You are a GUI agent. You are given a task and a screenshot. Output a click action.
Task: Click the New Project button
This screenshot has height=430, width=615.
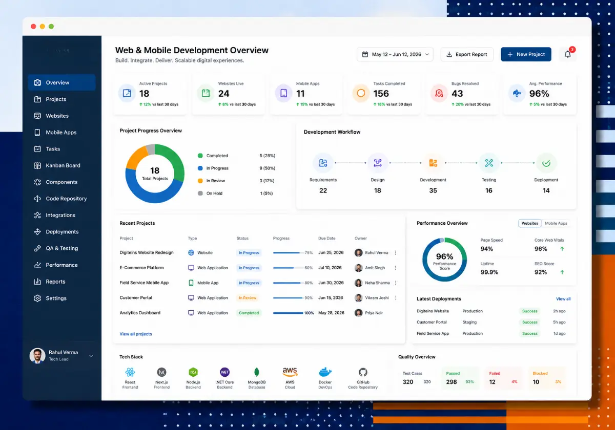coord(526,54)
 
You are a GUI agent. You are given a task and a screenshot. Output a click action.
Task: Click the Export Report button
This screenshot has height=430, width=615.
coord(467,54)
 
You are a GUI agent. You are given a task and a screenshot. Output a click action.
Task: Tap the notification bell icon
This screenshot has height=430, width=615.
coord(567,54)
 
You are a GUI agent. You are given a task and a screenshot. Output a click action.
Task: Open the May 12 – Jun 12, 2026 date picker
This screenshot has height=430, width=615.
coord(395,54)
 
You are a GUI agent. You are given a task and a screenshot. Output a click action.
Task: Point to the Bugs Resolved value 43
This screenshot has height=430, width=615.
coord(457,94)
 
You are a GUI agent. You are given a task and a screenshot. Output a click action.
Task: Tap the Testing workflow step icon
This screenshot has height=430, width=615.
coord(489,163)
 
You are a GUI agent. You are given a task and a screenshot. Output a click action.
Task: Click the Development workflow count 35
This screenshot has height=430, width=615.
coord(433,190)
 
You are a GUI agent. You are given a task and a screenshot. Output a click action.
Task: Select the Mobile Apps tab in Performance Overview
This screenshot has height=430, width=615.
coord(556,223)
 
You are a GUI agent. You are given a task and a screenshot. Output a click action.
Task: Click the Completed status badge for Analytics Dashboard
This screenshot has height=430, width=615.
coord(249,313)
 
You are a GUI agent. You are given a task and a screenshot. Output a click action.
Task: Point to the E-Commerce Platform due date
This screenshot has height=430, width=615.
coord(330,268)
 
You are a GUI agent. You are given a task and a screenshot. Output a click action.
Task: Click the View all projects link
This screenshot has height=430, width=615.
coord(136,334)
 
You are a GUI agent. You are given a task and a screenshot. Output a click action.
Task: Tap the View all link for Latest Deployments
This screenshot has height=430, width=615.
coord(563,299)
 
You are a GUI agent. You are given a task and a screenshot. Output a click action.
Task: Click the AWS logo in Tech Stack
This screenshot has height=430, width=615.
coord(290,372)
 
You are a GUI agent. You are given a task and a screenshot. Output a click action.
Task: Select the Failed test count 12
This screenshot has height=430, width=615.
coord(492,382)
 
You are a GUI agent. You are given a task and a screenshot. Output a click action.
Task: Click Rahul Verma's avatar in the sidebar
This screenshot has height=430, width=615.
coord(37,356)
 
